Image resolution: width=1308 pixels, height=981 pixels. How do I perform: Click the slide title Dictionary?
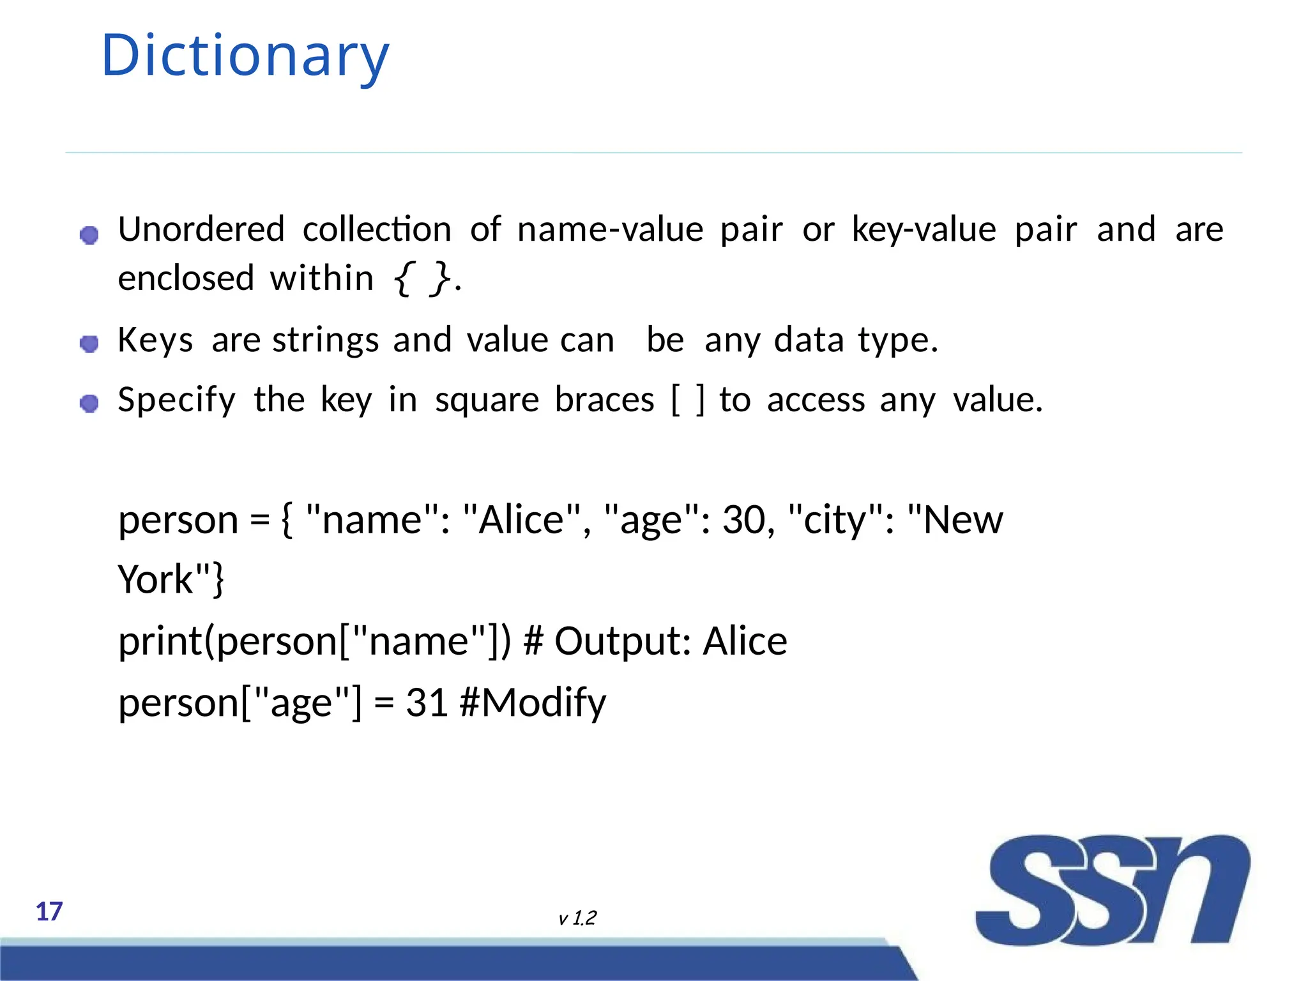click(245, 56)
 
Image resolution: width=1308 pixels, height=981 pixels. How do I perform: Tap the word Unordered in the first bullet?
click(201, 229)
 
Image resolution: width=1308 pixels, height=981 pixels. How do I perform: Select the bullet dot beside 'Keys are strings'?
click(89, 344)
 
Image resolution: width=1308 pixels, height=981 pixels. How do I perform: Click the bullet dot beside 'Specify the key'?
click(89, 404)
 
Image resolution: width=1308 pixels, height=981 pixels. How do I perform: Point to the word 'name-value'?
click(610, 229)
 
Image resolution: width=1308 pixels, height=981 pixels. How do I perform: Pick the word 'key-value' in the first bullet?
click(924, 229)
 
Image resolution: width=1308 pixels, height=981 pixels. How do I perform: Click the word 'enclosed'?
click(186, 278)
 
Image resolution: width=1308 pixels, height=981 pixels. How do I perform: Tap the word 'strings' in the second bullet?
click(326, 340)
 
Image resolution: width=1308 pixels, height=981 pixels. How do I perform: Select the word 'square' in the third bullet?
click(487, 401)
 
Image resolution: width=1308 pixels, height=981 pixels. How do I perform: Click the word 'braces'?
click(604, 400)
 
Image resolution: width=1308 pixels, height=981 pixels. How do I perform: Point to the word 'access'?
click(816, 400)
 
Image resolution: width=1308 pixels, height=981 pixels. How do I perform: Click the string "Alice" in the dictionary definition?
click(521, 519)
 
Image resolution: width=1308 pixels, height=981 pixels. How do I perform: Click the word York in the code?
click(155, 579)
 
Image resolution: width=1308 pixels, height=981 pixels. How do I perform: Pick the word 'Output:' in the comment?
click(623, 641)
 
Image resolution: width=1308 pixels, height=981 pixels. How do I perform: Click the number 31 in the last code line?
click(426, 703)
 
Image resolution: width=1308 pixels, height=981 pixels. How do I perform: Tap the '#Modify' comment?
click(533, 703)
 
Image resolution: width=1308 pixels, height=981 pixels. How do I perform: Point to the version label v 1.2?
click(577, 918)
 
